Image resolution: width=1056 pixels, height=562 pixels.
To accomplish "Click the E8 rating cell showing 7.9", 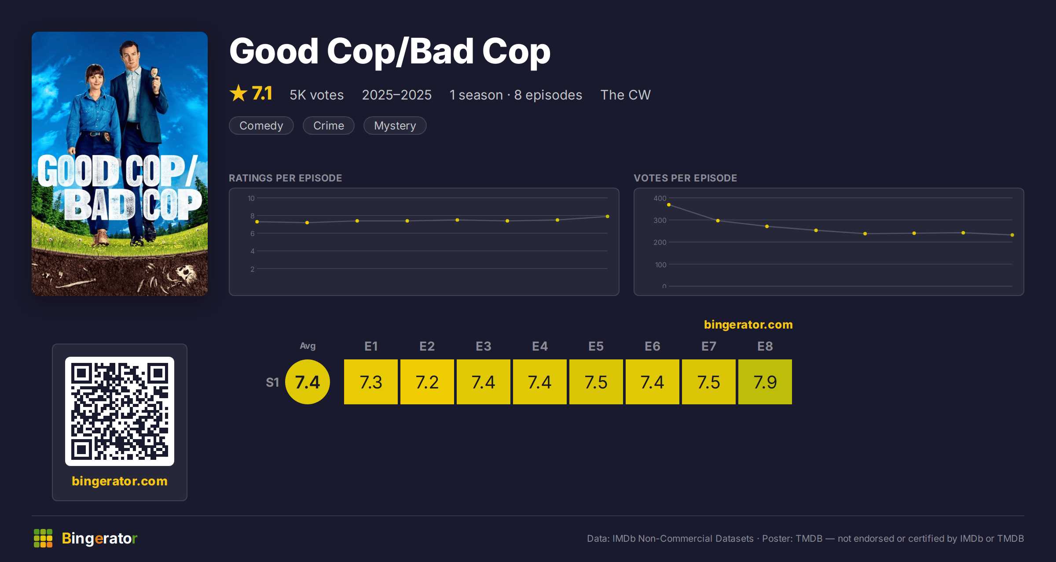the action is [765, 382].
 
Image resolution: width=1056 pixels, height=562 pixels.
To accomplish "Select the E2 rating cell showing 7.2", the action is [427, 382].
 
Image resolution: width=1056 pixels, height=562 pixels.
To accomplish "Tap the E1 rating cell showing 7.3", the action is [370, 382].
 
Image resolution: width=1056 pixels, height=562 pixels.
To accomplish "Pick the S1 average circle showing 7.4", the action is [308, 382].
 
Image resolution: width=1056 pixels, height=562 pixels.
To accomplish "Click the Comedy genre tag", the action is [261, 126].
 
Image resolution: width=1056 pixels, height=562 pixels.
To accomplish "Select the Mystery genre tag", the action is [395, 126].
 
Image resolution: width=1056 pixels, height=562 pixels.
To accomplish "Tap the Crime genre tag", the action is [329, 126].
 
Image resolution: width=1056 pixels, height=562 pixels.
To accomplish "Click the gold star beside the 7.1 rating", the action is [238, 93].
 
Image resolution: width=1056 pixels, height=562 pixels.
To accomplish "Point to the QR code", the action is [120, 411].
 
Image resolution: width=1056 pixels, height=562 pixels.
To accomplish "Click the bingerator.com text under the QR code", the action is [120, 481].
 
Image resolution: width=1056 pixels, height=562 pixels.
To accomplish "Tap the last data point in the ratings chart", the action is [608, 216].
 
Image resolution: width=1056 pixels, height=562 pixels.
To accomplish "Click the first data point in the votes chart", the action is [669, 205].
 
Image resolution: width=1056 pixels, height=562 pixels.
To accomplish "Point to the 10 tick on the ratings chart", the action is [251, 198].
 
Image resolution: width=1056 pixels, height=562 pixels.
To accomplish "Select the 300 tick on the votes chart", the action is [660, 220].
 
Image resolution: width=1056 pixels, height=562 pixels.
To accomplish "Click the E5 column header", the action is [596, 346].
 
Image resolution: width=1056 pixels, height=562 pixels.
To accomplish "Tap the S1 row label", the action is [272, 382].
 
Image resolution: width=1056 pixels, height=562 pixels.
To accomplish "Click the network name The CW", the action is [625, 95].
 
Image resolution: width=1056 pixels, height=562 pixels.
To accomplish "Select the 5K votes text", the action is [317, 95].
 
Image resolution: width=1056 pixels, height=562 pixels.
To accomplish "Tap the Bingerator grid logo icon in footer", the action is [43, 538].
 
